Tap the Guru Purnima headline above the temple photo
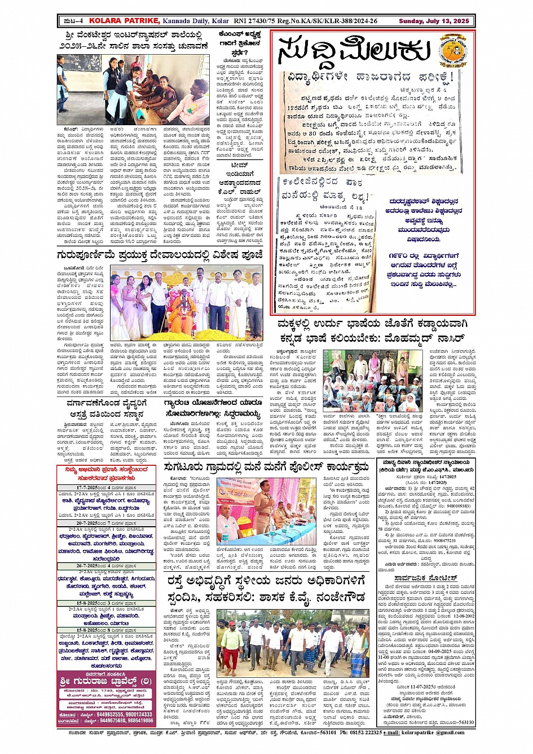(160, 255)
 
